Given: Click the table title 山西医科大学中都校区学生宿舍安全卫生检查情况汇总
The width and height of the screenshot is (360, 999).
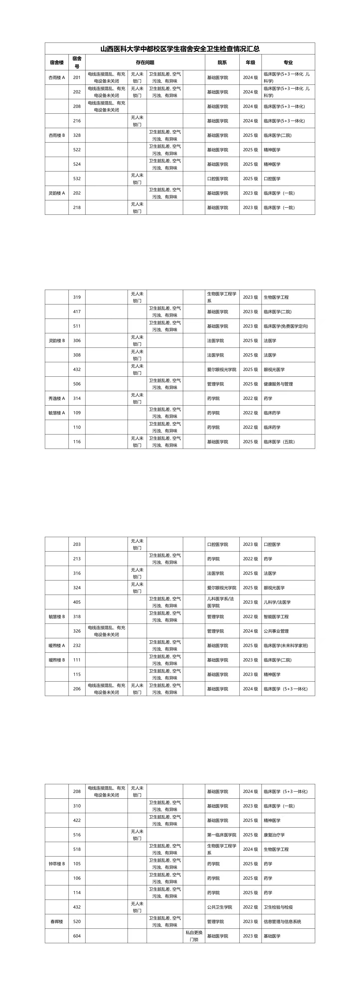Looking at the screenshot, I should click(x=180, y=49).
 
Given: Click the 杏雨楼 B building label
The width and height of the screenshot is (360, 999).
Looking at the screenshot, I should click(x=57, y=135).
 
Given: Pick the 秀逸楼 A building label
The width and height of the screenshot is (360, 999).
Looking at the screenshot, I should click(x=57, y=398).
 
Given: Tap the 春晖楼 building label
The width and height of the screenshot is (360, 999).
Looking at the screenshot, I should click(x=57, y=922).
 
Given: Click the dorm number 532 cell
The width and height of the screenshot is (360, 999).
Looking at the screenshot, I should click(x=77, y=179).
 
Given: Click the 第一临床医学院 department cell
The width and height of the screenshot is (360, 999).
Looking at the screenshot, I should click(x=221, y=835).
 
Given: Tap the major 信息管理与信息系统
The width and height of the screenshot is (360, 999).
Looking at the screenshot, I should click(x=283, y=922).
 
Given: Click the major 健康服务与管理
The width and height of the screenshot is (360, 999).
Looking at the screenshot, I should click(x=278, y=384).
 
